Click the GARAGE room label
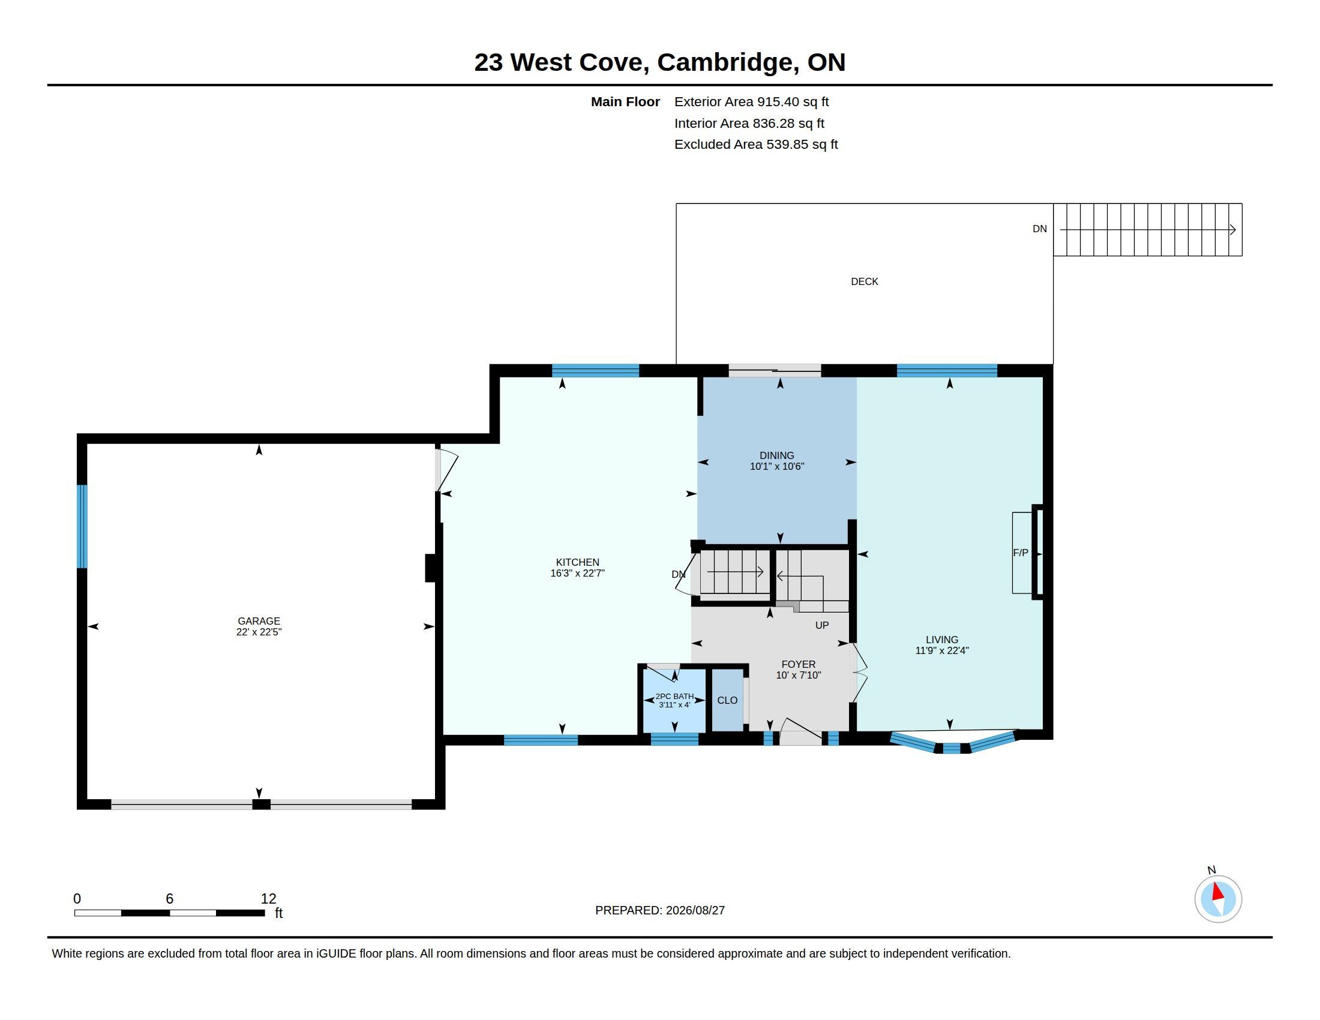click(x=259, y=620)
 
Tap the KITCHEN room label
click(x=577, y=562)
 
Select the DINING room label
click(x=776, y=455)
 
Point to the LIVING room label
click(x=941, y=640)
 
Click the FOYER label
click(x=798, y=664)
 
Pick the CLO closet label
click(x=727, y=700)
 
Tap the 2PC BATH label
click(x=674, y=696)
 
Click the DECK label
click(x=864, y=281)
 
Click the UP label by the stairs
click(x=821, y=625)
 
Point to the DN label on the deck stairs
click(x=1040, y=229)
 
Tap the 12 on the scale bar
click(x=268, y=899)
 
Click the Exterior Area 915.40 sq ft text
click(x=751, y=101)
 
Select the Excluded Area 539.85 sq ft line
click(x=756, y=145)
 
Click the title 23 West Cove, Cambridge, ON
click(x=659, y=62)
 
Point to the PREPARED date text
click(x=660, y=910)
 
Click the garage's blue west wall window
click(x=82, y=526)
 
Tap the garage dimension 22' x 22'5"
click(x=259, y=632)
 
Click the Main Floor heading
click(x=625, y=101)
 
